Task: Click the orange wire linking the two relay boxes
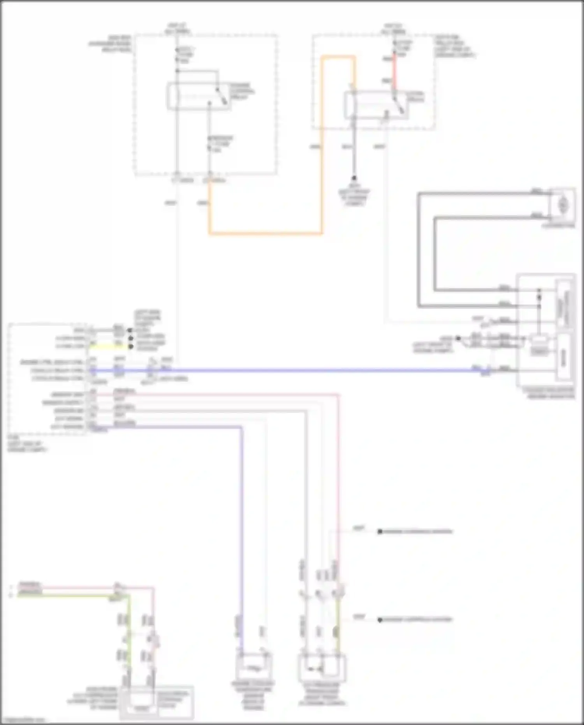(x=265, y=234)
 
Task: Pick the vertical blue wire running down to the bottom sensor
(x=241, y=526)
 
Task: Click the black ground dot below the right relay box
(x=354, y=178)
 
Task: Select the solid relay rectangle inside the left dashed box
(x=199, y=96)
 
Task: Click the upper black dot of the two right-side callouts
(x=380, y=531)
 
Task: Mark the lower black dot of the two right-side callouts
(x=380, y=619)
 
